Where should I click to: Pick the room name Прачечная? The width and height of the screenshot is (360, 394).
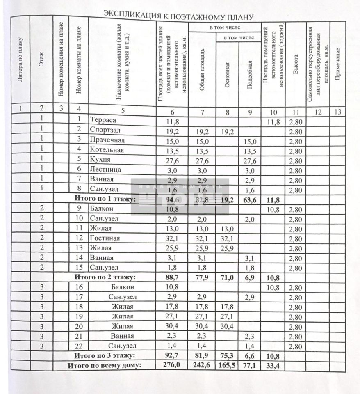[107, 140]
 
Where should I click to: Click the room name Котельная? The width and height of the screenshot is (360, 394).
[106, 150]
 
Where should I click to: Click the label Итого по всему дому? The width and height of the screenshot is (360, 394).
[104, 365]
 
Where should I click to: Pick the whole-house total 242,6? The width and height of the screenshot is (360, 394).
[201, 365]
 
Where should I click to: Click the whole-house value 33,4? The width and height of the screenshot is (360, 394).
[273, 365]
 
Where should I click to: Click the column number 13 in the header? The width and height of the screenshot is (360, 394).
[339, 110]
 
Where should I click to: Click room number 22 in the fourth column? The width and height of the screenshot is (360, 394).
[79, 346]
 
